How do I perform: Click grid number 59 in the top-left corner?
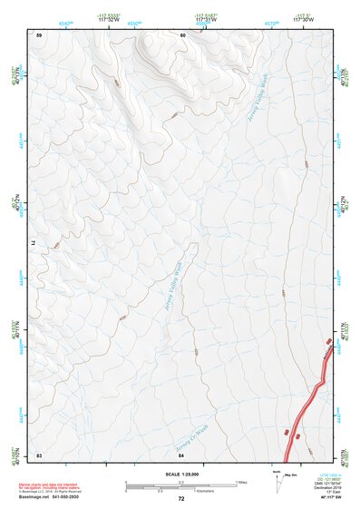pyautogui.click(x=39, y=34)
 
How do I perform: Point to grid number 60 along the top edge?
pyautogui.click(x=182, y=34)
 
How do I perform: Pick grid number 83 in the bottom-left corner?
pyautogui.click(x=39, y=454)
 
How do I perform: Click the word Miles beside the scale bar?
pyautogui.click(x=241, y=481)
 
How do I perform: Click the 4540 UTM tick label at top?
pyautogui.click(x=65, y=21)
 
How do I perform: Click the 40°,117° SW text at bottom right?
pyautogui.click(x=327, y=498)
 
